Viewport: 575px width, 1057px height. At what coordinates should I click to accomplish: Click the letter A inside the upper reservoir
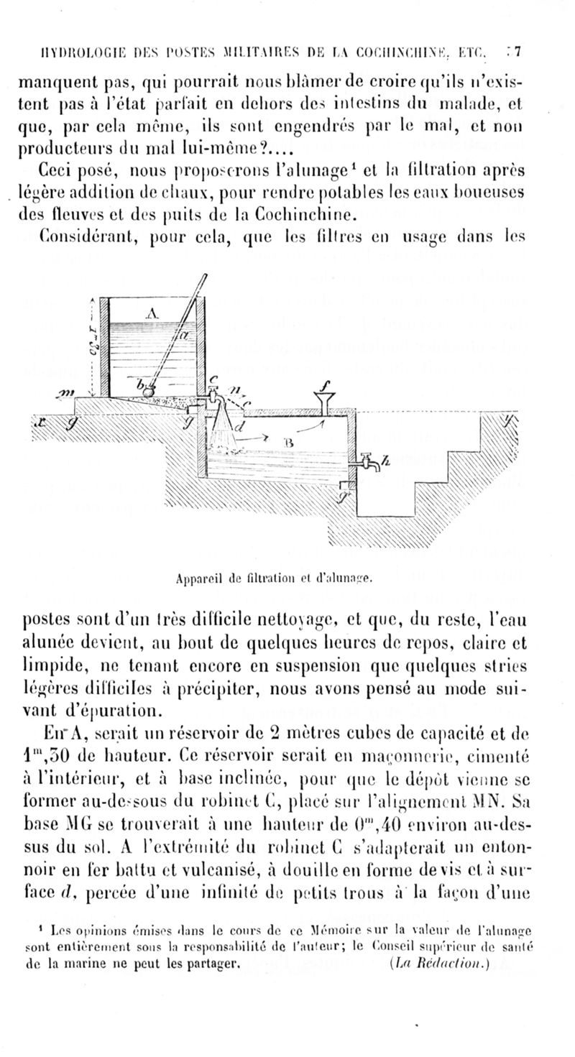pos(151,313)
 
